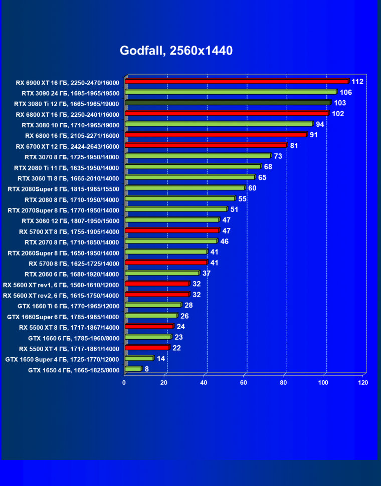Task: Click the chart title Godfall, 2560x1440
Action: tap(176, 51)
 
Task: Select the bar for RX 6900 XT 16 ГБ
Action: tap(236, 81)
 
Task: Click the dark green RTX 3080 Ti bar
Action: tap(227, 103)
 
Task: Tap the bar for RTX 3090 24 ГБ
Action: tap(230, 92)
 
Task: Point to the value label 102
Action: tap(338, 114)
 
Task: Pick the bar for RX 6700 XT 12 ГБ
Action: tap(206, 145)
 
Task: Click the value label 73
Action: tap(278, 156)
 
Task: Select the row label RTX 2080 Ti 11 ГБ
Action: tap(67, 168)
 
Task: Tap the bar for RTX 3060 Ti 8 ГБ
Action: tap(189, 177)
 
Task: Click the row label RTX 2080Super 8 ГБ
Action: tap(64, 189)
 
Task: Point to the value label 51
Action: tap(234, 209)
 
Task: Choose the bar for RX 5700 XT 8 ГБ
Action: tap(172, 230)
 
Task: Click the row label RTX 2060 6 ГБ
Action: tap(72, 274)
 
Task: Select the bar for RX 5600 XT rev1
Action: tap(157, 284)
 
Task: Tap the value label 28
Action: tap(188, 305)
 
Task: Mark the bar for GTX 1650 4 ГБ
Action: tap(133, 369)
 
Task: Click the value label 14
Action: tap(161, 359)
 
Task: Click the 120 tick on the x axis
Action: tap(362, 383)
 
